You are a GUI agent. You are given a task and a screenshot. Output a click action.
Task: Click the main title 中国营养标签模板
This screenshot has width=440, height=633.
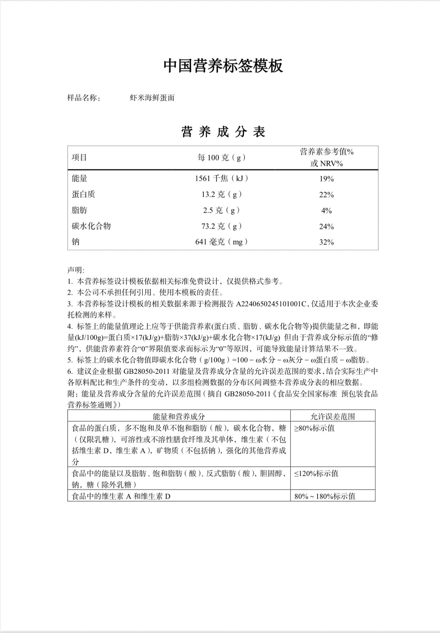[x=223, y=66]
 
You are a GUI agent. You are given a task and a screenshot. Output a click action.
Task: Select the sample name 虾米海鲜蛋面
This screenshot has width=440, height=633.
[x=152, y=98]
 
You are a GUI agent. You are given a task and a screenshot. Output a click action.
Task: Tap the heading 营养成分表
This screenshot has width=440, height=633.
[x=223, y=132]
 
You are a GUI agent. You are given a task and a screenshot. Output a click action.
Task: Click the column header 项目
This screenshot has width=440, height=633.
[x=79, y=157]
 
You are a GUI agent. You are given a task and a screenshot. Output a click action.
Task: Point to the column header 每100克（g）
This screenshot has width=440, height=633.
[x=222, y=157]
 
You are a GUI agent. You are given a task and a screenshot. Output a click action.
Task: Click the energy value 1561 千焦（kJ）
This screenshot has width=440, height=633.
[x=222, y=178]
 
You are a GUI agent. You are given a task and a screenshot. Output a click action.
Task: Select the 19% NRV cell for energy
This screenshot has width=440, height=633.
[x=327, y=179]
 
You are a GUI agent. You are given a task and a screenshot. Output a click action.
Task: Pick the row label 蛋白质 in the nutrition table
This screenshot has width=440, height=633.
[x=83, y=194]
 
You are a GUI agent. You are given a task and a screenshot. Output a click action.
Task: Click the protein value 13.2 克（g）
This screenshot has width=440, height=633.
[x=222, y=194]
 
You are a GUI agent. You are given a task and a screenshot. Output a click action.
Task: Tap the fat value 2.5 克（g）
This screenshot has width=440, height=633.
[x=222, y=210]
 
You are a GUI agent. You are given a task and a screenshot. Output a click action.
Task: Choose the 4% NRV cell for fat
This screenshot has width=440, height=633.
[x=327, y=211]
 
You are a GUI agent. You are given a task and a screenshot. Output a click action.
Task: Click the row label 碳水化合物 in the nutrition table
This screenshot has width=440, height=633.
[x=91, y=226]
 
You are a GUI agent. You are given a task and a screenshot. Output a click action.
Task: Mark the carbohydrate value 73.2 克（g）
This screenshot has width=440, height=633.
[x=222, y=226]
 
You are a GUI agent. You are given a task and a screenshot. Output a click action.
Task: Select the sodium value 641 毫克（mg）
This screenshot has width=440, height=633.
[x=222, y=242]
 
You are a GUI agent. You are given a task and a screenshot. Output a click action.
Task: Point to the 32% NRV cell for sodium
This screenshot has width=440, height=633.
[x=327, y=242]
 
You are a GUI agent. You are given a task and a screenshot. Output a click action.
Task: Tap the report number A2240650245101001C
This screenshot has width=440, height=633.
[x=271, y=304]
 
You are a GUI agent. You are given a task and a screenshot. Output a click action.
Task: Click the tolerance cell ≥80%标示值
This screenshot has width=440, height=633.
[x=314, y=428]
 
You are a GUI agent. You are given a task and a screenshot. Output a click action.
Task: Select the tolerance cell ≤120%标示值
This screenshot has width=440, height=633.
[x=316, y=473]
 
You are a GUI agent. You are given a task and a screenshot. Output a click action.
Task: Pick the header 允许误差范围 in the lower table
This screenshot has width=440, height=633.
[x=333, y=416]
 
